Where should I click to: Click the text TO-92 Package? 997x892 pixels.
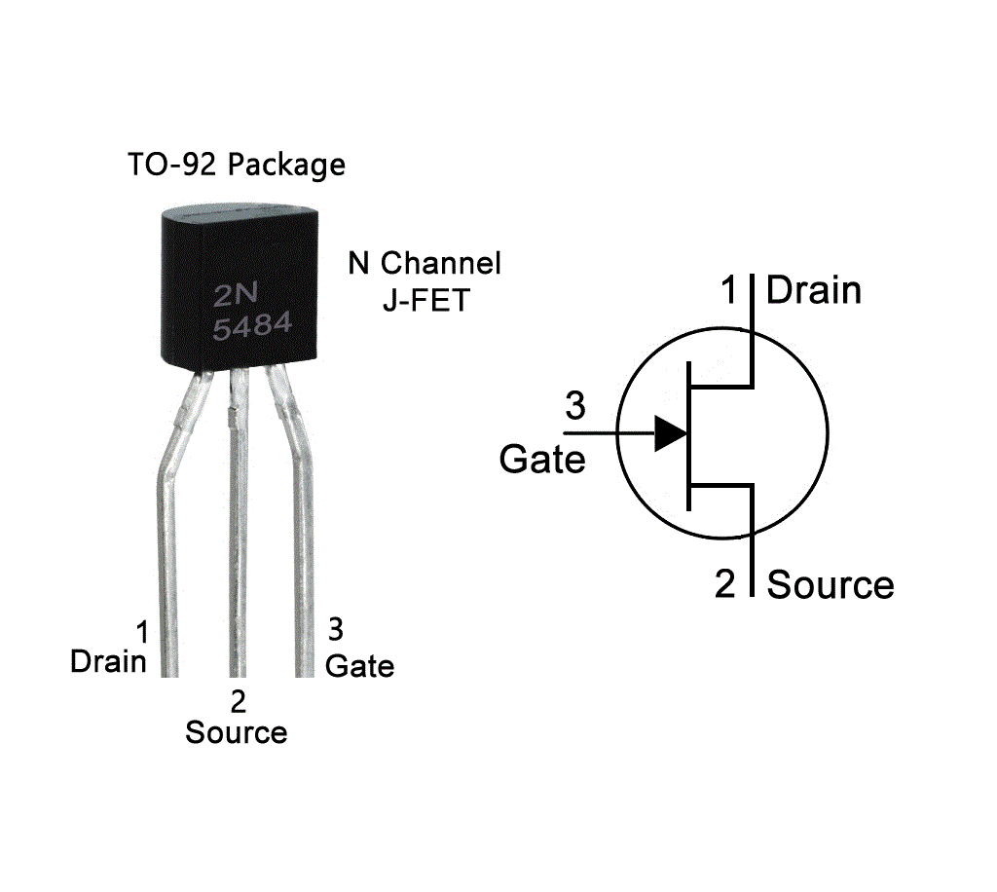pos(236,165)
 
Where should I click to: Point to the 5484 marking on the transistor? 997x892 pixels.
pos(252,327)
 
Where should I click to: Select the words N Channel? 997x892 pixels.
pos(425,263)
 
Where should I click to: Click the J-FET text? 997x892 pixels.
pos(425,300)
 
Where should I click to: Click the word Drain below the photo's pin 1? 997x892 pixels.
pos(108,662)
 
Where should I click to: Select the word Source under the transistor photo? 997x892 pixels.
pos(237,732)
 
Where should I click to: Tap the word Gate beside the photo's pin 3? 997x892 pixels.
pos(359,666)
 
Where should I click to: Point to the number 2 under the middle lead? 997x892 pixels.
pos(237,700)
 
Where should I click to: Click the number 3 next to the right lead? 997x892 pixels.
pos(336,630)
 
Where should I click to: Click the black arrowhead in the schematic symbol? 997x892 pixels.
pos(670,433)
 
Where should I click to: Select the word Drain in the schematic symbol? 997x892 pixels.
pos(814,290)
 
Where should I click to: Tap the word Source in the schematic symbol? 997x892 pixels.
pos(831,585)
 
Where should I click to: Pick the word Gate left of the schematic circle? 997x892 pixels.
pos(542,459)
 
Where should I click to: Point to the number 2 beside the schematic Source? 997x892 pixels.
pos(726,584)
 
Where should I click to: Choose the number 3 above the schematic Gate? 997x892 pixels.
pos(575,406)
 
